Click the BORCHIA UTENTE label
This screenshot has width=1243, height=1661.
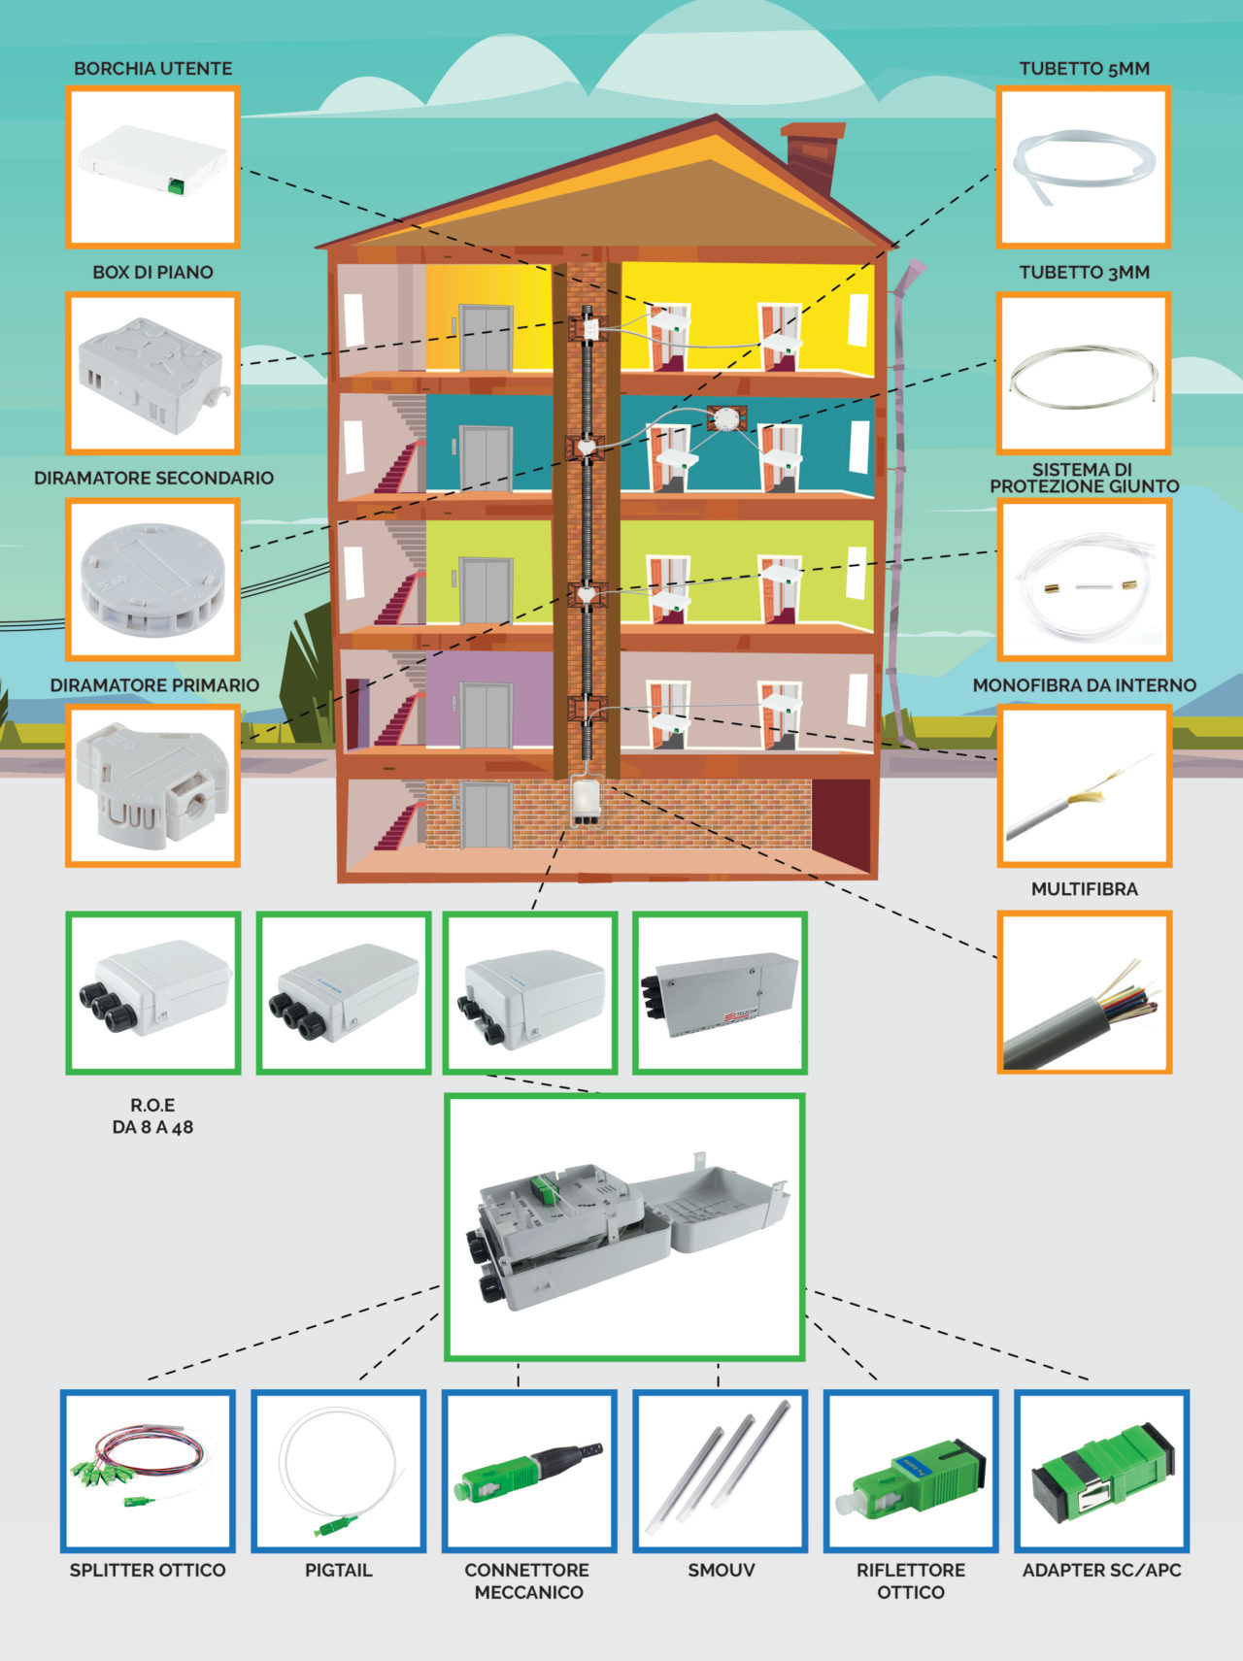pos(152,69)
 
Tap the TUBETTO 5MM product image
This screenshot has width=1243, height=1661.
pos(1083,167)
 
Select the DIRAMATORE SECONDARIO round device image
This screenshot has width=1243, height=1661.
pos(152,580)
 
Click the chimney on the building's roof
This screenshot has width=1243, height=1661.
pos(813,155)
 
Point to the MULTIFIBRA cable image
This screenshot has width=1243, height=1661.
pos(1084,991)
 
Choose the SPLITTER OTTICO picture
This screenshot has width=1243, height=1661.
pos(148,1471)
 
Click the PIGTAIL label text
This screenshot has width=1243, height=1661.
pos(338,1570)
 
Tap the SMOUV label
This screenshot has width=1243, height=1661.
pos(721,1570)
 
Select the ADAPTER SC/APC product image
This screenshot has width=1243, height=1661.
pos(1101,1471)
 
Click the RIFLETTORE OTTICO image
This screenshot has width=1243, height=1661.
pos(911,1471)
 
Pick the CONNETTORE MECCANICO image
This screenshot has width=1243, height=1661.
pos(529,1471)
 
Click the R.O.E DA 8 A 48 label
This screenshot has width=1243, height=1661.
pos(152,1116)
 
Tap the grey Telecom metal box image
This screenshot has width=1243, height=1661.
pos(720,992)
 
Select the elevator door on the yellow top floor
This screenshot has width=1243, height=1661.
pos(486,337)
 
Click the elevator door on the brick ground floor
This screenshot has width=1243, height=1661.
pos(486,814)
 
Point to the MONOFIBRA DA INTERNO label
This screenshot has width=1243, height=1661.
pos(1084,685)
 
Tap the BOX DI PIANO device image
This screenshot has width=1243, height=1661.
pos(152,374)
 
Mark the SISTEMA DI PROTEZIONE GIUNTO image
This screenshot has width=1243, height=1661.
pos(1084,581)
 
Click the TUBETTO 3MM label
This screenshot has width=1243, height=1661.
pos(1084,273)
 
